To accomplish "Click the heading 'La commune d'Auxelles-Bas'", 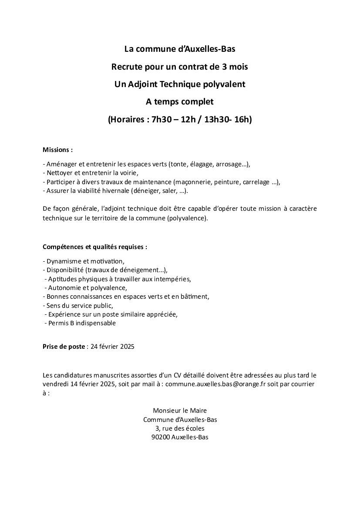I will coord(180,49).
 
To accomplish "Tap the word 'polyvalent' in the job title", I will coord(225,84).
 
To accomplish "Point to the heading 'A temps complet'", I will coord(180,102).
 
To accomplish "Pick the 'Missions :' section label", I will coord(57,150).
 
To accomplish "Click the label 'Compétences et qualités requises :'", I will coord(95,247).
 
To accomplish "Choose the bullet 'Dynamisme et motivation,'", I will coord(84,261).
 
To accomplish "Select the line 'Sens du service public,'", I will coord(78,305).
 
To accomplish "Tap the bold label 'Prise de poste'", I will coord(64,347).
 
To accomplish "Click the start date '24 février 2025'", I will coord(112,347).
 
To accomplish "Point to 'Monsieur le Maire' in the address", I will coord(180,411).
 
